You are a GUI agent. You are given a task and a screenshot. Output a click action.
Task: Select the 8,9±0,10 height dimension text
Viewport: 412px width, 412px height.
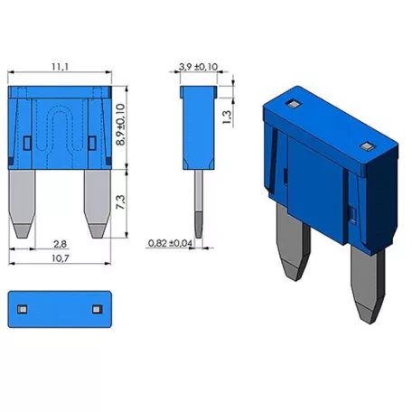(x=120, y=126)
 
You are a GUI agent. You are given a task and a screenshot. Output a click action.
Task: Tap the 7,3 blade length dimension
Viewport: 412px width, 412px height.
(x=120, y=202)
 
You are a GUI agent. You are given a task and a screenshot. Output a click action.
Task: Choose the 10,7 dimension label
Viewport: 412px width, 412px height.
(x=61, y=258)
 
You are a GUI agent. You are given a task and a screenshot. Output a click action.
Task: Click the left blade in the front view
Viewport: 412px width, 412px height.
(x=25, y=202)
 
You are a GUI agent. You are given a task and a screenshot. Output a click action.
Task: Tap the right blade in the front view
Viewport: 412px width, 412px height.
(x=95, y=202)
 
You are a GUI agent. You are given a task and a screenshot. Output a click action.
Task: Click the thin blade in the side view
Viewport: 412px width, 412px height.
(x=196, y=199)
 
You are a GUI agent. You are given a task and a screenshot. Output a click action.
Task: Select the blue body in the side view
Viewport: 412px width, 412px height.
(x=196, y=126)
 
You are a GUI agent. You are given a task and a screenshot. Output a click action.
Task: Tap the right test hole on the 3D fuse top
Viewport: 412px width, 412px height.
(x=365, y=146)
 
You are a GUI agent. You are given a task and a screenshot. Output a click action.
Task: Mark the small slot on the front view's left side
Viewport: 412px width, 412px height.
(x=27, y=140)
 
